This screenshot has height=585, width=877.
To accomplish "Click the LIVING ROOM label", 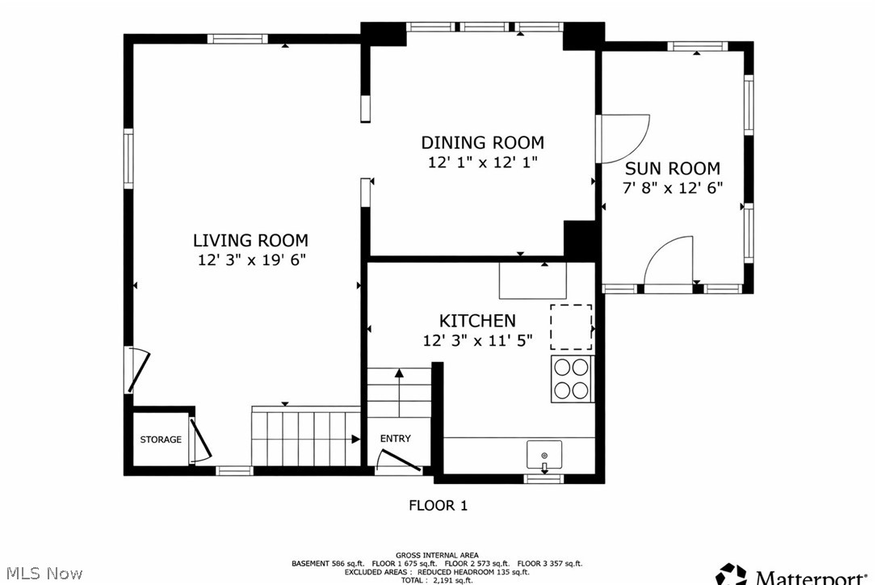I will tap(250, 240).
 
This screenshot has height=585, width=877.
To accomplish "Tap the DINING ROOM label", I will tap(482, 143).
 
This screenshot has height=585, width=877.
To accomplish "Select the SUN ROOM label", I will tap(672, 169).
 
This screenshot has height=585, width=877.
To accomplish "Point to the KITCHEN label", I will tap(476, 321).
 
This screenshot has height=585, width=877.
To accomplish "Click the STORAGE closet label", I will tap(161, 440).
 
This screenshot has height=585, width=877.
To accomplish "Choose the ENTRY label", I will tap(395, 439).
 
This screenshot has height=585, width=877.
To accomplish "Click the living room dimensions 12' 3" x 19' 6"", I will tap(251, 260).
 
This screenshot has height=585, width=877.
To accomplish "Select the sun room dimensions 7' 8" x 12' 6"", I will tap(672, 187).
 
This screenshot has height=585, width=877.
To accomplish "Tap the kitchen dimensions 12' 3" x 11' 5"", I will tap(476, 340).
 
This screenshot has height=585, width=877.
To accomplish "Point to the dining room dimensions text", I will tap(482, 162).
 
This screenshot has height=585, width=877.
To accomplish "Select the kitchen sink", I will tap(544, 455).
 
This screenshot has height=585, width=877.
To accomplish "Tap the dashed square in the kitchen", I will tap(571, 326).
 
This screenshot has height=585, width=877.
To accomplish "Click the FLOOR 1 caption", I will tap(438, 506).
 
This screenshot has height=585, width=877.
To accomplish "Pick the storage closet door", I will tap(199, 440).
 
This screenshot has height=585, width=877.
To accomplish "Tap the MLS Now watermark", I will tap(42, 573).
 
